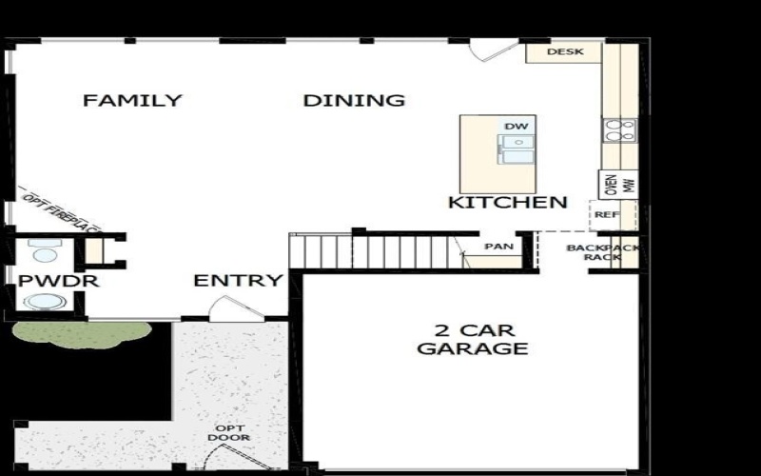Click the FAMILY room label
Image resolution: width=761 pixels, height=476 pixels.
pyautogui.click(x=132, y=100)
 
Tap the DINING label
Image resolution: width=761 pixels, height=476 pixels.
pyautogui.click(x=354, y=100)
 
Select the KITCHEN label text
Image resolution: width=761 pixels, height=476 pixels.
pyautogui.click(x=508, y=202)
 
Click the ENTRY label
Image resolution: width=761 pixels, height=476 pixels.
pyautogui.click(x=238, y=281)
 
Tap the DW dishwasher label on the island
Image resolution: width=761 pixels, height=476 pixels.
pyautogui.click(x=516, y=127)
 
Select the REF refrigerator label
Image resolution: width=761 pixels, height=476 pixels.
pyautogui.click(x=606, y=215)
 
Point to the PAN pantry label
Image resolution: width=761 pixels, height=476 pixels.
pyautogui.click(x=498, y=247)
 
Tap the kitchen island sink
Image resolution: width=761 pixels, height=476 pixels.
pyautogui.click(x=517, y=146)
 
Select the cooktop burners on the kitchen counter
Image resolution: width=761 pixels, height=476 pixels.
pyautogui.click(x=619, y=130)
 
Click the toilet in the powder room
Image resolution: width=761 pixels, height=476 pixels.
pyautogui.click(x=43, y=252)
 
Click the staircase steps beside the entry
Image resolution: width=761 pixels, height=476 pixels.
pyautogui.click(x=380, y=251)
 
